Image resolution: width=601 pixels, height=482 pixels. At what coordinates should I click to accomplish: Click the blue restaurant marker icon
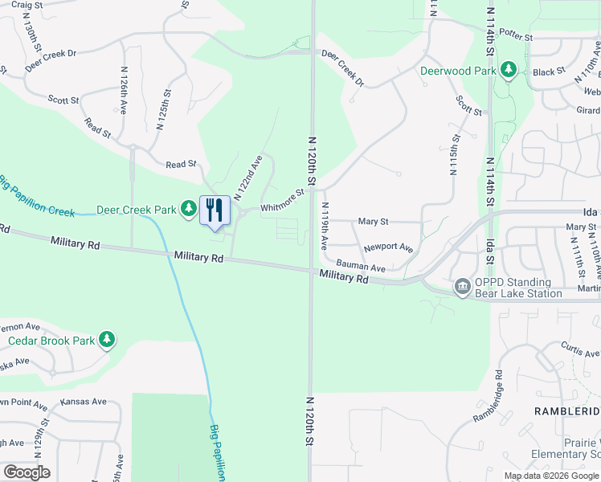tap(215, 210)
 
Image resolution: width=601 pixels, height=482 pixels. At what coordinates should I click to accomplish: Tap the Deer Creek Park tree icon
tap(188, 210)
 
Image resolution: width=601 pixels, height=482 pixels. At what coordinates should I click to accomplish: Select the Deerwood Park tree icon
tap(508, 70)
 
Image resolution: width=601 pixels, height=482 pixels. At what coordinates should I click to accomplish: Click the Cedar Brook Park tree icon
tap(107, 340)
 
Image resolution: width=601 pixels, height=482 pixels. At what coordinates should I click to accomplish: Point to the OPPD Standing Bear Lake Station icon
tap(462, 287)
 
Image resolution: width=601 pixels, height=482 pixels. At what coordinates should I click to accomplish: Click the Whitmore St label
tap(282, 198)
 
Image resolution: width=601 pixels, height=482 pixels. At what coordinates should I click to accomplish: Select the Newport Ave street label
tap(388, 248)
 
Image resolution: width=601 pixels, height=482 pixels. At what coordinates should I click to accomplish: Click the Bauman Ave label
tap(361, 265)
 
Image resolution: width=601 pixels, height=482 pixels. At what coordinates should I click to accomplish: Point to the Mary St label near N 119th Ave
tap(373, 221)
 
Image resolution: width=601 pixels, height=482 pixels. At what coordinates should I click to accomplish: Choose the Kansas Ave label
tap(84, 401)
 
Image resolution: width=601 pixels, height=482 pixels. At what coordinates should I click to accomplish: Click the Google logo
tap(27, 472)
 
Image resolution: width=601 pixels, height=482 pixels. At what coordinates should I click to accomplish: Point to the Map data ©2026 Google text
tap(550, 476)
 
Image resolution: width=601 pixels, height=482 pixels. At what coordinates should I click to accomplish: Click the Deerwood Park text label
tap(459, 70)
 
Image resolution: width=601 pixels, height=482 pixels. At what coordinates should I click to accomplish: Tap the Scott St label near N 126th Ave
tap(63, 100)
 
